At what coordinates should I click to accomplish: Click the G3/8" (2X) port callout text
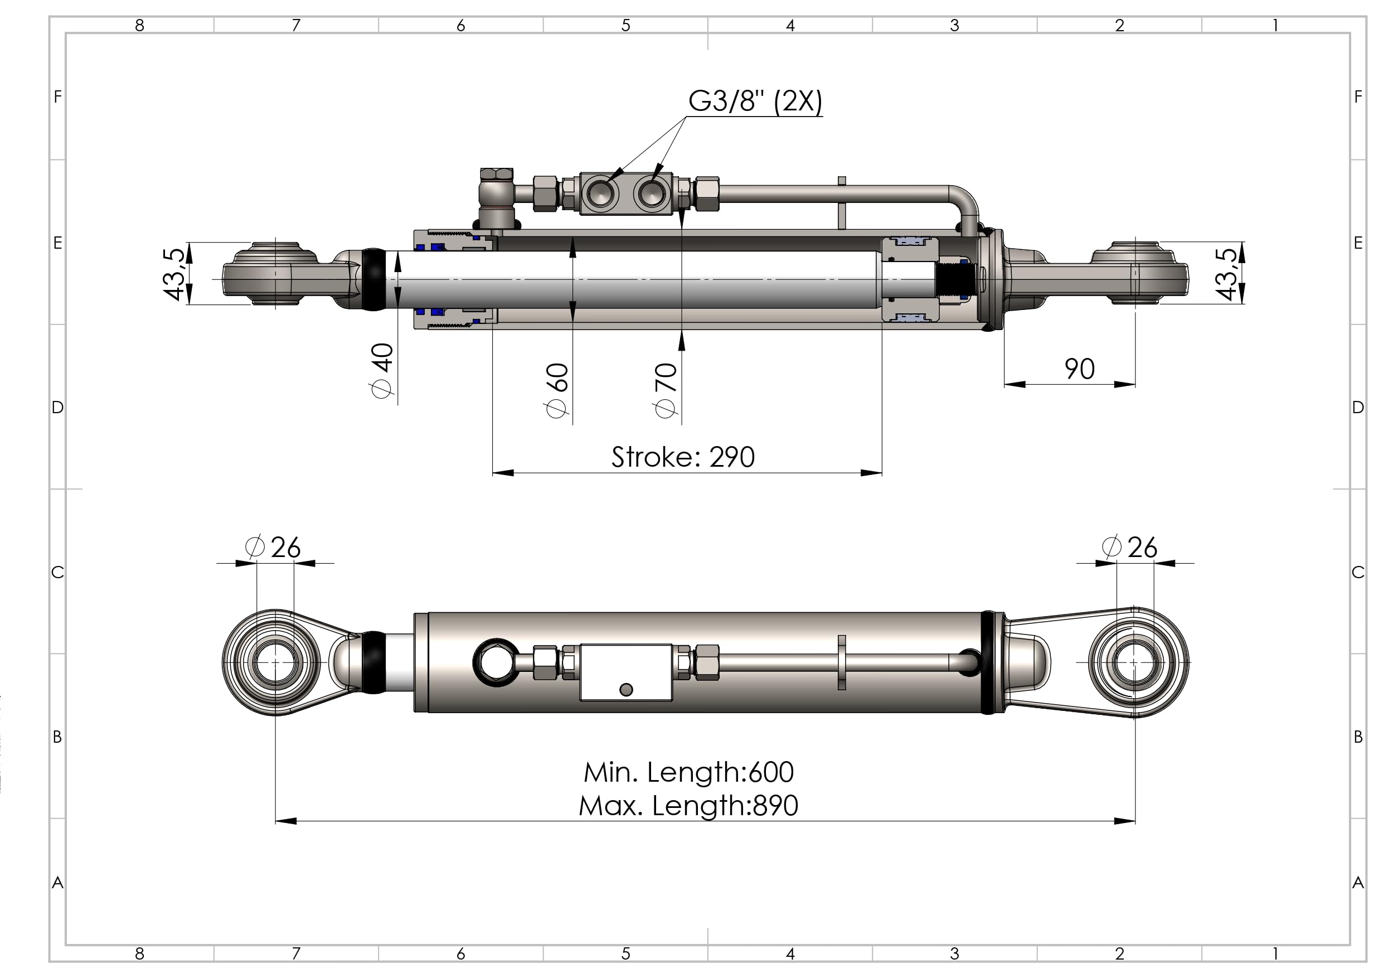755,101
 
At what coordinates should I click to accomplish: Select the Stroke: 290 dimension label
683,457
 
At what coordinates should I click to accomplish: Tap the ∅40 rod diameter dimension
382,371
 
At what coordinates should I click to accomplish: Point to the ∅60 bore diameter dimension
556,390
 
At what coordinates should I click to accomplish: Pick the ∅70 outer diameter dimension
666,390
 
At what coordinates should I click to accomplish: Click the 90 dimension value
1079,369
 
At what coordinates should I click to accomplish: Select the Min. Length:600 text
688,772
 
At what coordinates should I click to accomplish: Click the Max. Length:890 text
688,805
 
